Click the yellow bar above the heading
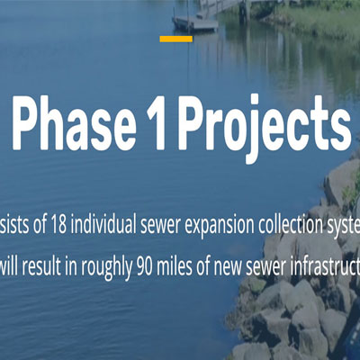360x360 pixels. [x=175, y=39]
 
